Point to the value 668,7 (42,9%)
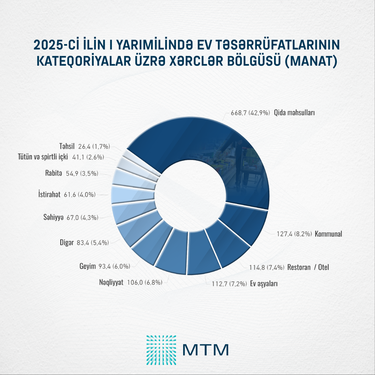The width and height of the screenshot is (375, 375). [x=250, y=113]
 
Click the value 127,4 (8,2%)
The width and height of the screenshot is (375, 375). [x=294, y=234]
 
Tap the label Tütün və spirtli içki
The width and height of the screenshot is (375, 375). [x=43, y=157]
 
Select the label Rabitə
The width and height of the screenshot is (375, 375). [x=54, y=173]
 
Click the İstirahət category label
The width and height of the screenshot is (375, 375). [x=49, y=195]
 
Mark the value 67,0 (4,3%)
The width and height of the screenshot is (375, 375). [x=82, y=217]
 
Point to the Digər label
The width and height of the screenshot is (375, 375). [x=67, y=242]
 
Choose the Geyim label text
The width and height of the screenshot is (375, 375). [x=87, y=266]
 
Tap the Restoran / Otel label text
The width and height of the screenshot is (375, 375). [x=308, y=267]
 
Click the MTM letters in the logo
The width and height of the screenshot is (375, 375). [x=206, y=350]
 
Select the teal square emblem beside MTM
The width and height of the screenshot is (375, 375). [x=161, y=350]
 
